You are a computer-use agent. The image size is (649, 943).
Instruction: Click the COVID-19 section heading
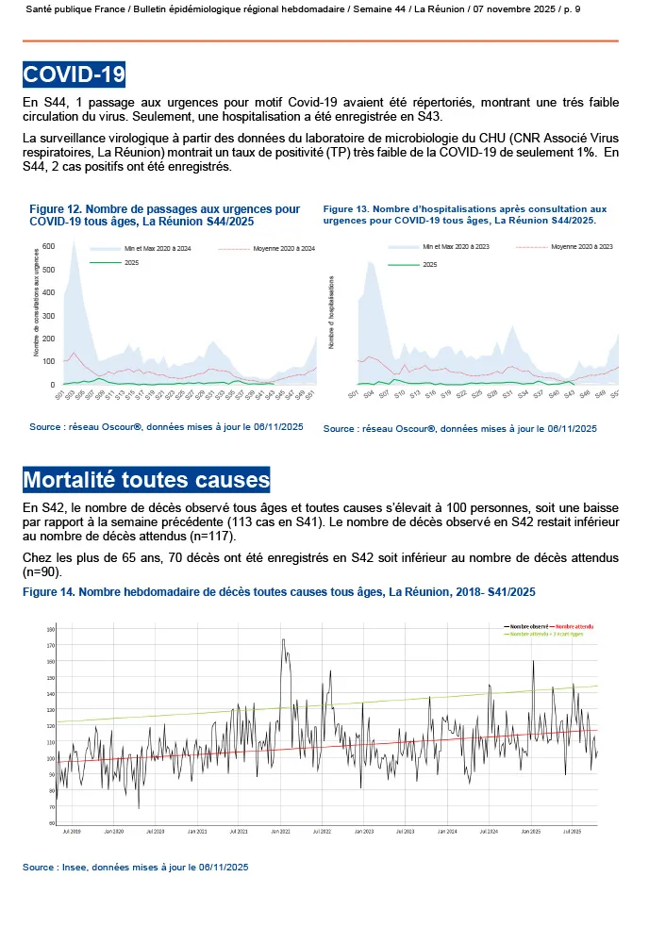[74, 74]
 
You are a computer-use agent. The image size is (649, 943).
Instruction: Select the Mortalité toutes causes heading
[146, 480]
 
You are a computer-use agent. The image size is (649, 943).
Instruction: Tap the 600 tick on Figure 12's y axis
[49, 246]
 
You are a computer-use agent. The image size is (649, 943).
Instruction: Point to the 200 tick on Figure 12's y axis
[49, 339]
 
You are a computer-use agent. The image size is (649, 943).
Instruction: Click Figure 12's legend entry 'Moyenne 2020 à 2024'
[284, 248]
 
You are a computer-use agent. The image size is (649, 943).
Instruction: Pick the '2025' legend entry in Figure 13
[429, 265]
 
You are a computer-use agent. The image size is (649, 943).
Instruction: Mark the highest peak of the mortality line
[283, 640]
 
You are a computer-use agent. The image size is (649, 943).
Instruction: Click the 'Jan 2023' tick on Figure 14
[362, 831]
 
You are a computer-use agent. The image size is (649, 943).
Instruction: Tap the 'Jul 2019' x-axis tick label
[72, 831]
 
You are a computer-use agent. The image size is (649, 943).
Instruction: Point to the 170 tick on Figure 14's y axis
[51, 645]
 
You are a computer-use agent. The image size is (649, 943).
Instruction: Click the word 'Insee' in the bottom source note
[77, 867]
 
